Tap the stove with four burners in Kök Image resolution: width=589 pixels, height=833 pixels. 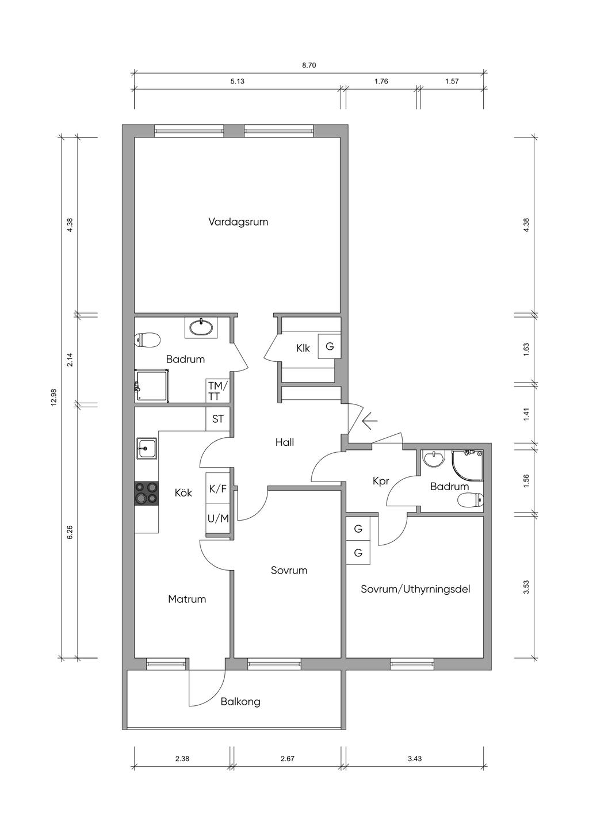coord(147,493)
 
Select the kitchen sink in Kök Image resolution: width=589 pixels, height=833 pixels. coord(147,449)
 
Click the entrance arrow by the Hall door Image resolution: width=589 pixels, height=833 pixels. coord(369,421)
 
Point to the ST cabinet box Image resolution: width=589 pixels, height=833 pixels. coord(218,419)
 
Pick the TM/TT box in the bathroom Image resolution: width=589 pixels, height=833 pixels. coord(218,391)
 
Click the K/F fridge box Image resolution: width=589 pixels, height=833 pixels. coord(218,489)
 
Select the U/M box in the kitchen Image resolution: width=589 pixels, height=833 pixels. coord(218,518)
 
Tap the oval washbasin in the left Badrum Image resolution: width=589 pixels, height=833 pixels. coord(201,327)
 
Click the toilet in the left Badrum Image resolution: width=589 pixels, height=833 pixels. coord(147,340)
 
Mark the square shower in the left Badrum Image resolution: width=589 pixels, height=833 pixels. coord(152,385)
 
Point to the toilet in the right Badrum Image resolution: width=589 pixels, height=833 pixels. coord(471,500)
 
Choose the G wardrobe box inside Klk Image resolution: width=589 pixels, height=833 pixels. coord(330,346)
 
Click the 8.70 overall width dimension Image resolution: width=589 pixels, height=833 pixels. coord(309,66)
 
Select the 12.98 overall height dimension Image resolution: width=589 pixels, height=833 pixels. coord(53,397)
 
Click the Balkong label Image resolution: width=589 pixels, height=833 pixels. coord(240,702)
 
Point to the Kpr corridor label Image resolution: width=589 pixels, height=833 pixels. coord(381,481)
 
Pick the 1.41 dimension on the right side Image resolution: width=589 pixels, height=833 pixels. coord(526,415)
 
